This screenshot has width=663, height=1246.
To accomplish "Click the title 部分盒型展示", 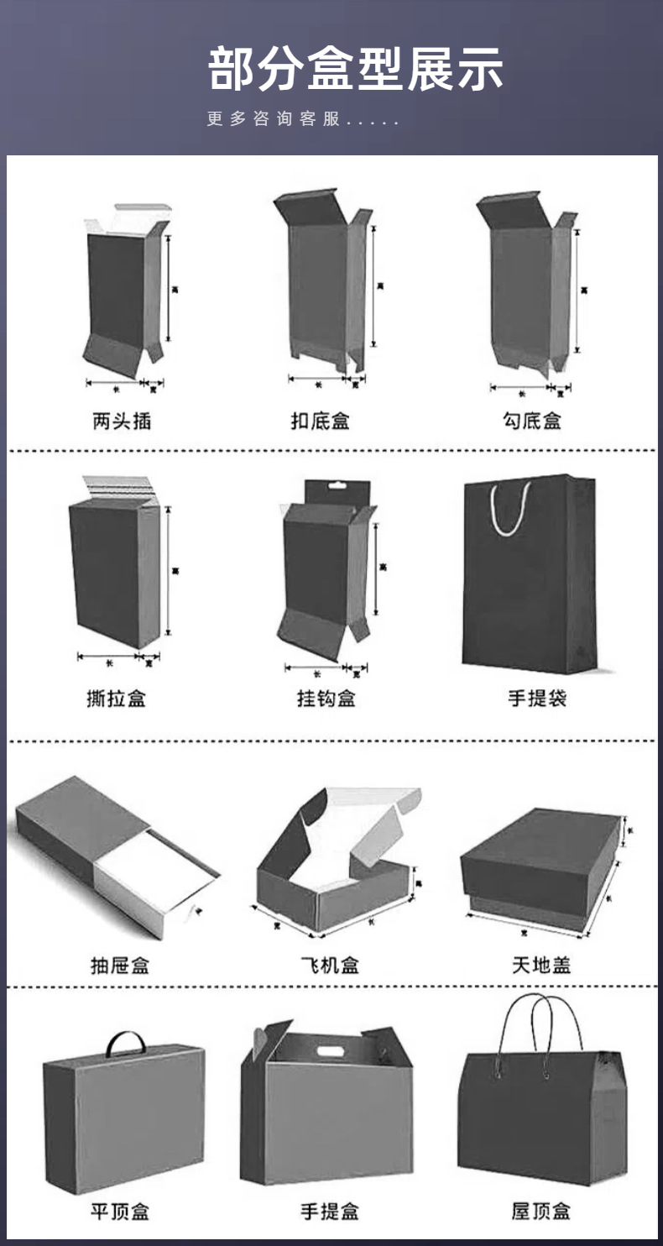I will point(355,69).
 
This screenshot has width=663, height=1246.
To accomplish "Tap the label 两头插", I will point(122,421).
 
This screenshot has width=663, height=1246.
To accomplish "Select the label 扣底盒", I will point(321,421).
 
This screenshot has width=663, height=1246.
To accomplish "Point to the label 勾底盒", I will point(533,421).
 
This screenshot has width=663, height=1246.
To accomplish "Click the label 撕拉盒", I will point(116,698).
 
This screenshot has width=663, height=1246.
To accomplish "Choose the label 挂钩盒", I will point(326,698).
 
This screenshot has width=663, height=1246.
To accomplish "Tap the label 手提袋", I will point(537,698).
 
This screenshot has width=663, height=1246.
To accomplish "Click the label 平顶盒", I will point(120,1212).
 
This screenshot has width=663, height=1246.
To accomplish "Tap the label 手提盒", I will point(330,1212).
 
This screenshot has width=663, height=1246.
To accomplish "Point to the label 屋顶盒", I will point(541,1212).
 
